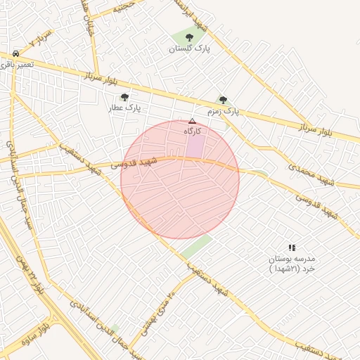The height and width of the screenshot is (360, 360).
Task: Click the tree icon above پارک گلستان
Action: (188, 37)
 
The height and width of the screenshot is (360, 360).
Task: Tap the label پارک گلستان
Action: (189, 49)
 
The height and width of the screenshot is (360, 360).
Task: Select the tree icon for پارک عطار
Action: (124, 97)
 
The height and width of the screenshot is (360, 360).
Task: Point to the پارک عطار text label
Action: (124, 108)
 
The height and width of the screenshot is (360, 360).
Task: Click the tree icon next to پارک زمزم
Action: (224, 100)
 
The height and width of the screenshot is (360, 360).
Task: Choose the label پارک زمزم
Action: (223, 112)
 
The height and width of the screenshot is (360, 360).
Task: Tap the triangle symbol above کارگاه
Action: (192, 121)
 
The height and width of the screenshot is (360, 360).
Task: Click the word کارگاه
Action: (193, 131)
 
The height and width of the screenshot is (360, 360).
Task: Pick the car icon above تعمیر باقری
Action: (15, 53)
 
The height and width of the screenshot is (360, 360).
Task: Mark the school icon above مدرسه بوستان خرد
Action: (292, 247)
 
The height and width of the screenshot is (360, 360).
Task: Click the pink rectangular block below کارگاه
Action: (195, 146)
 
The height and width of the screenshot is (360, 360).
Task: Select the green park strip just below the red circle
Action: (196, 246)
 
